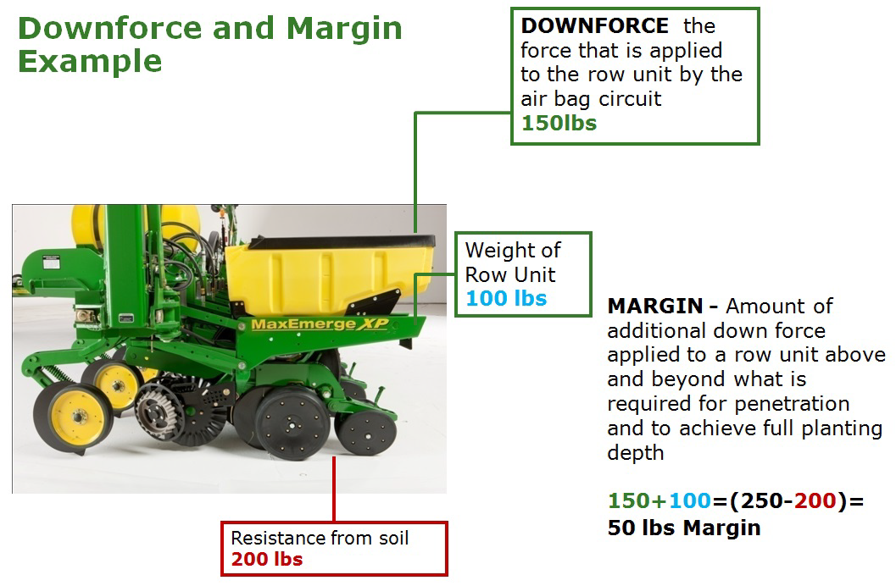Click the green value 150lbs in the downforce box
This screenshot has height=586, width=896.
559,124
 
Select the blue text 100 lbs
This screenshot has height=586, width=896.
506,298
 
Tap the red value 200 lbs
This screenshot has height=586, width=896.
267,559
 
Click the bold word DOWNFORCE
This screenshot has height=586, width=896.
594,25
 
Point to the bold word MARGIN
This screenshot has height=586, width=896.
655,307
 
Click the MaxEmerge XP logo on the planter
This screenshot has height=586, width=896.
320,324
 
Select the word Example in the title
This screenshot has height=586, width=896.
90,62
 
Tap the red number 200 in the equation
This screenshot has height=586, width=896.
815,501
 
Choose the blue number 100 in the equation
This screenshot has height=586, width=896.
690,501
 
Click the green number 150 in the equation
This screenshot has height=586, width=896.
629,501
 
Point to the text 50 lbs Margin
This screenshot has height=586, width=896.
684,528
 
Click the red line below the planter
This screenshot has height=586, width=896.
334,489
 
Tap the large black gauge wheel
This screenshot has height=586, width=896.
292,423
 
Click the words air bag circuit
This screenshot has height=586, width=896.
591,99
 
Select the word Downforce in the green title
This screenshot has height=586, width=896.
110,29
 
